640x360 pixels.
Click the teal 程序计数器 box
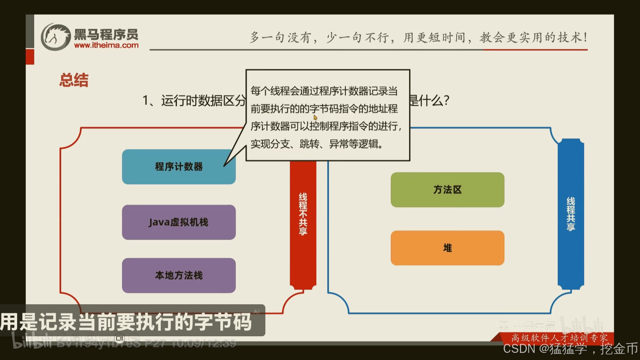178,167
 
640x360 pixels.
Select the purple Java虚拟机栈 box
178,222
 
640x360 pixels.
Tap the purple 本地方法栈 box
178,276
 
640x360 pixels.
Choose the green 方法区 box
447,190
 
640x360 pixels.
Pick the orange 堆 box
447,248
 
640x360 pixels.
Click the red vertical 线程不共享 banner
303,225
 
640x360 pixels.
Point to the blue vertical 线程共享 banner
571,214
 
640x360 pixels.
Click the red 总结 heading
74,80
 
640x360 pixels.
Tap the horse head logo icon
55,37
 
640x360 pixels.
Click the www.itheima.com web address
106,45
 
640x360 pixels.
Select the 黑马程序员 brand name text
106,34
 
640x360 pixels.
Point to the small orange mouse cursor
315,117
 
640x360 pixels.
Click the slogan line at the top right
418,37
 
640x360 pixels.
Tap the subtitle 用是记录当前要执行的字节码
126,322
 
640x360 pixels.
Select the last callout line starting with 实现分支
317,144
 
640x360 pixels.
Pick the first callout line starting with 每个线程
324,91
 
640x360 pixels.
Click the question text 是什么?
429,100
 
